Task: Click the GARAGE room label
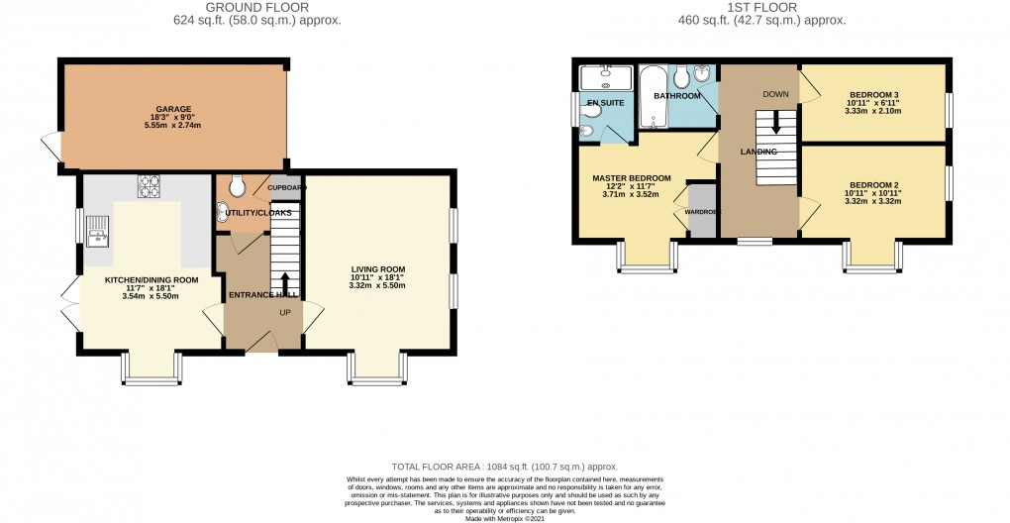click(x=172, y=109)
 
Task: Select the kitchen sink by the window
click(x=99, y=230)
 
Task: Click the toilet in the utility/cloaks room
click(x=238, y=186)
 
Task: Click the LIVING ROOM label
click(x=377, y=268)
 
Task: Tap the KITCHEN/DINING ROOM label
click(x=151, y=280)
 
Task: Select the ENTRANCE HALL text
click(x=263, y=295)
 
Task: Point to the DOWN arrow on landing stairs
click(x=774, y=122)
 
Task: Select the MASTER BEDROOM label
click(x=631, y=178)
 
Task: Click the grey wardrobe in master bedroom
click(x=702, y=210)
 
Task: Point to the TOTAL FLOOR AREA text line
click(x=504, y=466)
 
